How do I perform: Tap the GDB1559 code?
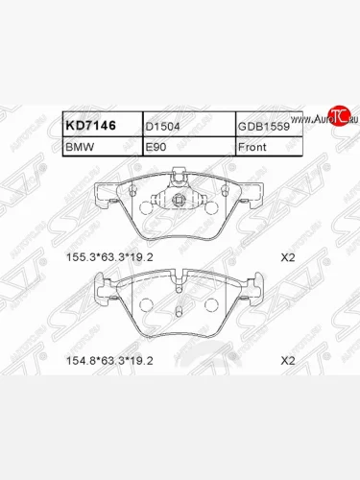(262, 126)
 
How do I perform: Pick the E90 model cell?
(156, 148)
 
